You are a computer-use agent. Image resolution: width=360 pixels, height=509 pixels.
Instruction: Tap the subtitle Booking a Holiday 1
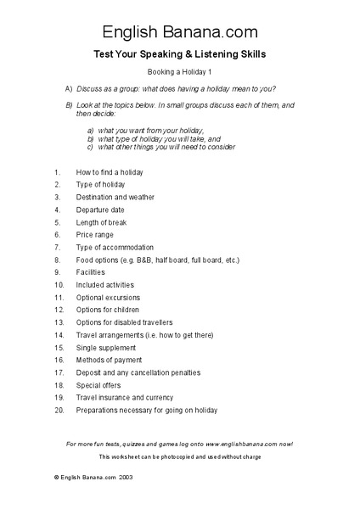click(x=180, y=72)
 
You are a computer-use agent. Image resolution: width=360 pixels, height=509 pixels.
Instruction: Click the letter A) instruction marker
click(x=69, y=88)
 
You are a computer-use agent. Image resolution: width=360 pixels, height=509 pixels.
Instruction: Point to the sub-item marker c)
click(x=91, y=147)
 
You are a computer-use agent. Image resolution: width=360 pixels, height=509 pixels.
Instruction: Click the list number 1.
click(x=56, y=172)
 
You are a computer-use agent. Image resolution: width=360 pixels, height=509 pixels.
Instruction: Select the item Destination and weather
click(x=115, y=197)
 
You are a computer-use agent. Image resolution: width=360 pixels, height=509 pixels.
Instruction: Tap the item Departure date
click(x=100, y=210)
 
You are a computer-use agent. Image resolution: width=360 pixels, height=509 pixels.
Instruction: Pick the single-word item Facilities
click(x=91, y=272)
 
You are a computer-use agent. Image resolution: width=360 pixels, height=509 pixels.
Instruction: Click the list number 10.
click(x=59, y=285)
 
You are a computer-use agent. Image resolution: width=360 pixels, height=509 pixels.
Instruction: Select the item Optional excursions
click(x=108, y=298)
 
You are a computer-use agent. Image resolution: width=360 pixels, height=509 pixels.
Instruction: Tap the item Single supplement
click(x=105, y=348)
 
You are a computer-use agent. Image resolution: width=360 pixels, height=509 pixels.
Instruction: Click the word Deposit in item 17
click(x=90, y=372)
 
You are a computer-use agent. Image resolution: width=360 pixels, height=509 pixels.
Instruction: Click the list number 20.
click(x=59, y=410)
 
